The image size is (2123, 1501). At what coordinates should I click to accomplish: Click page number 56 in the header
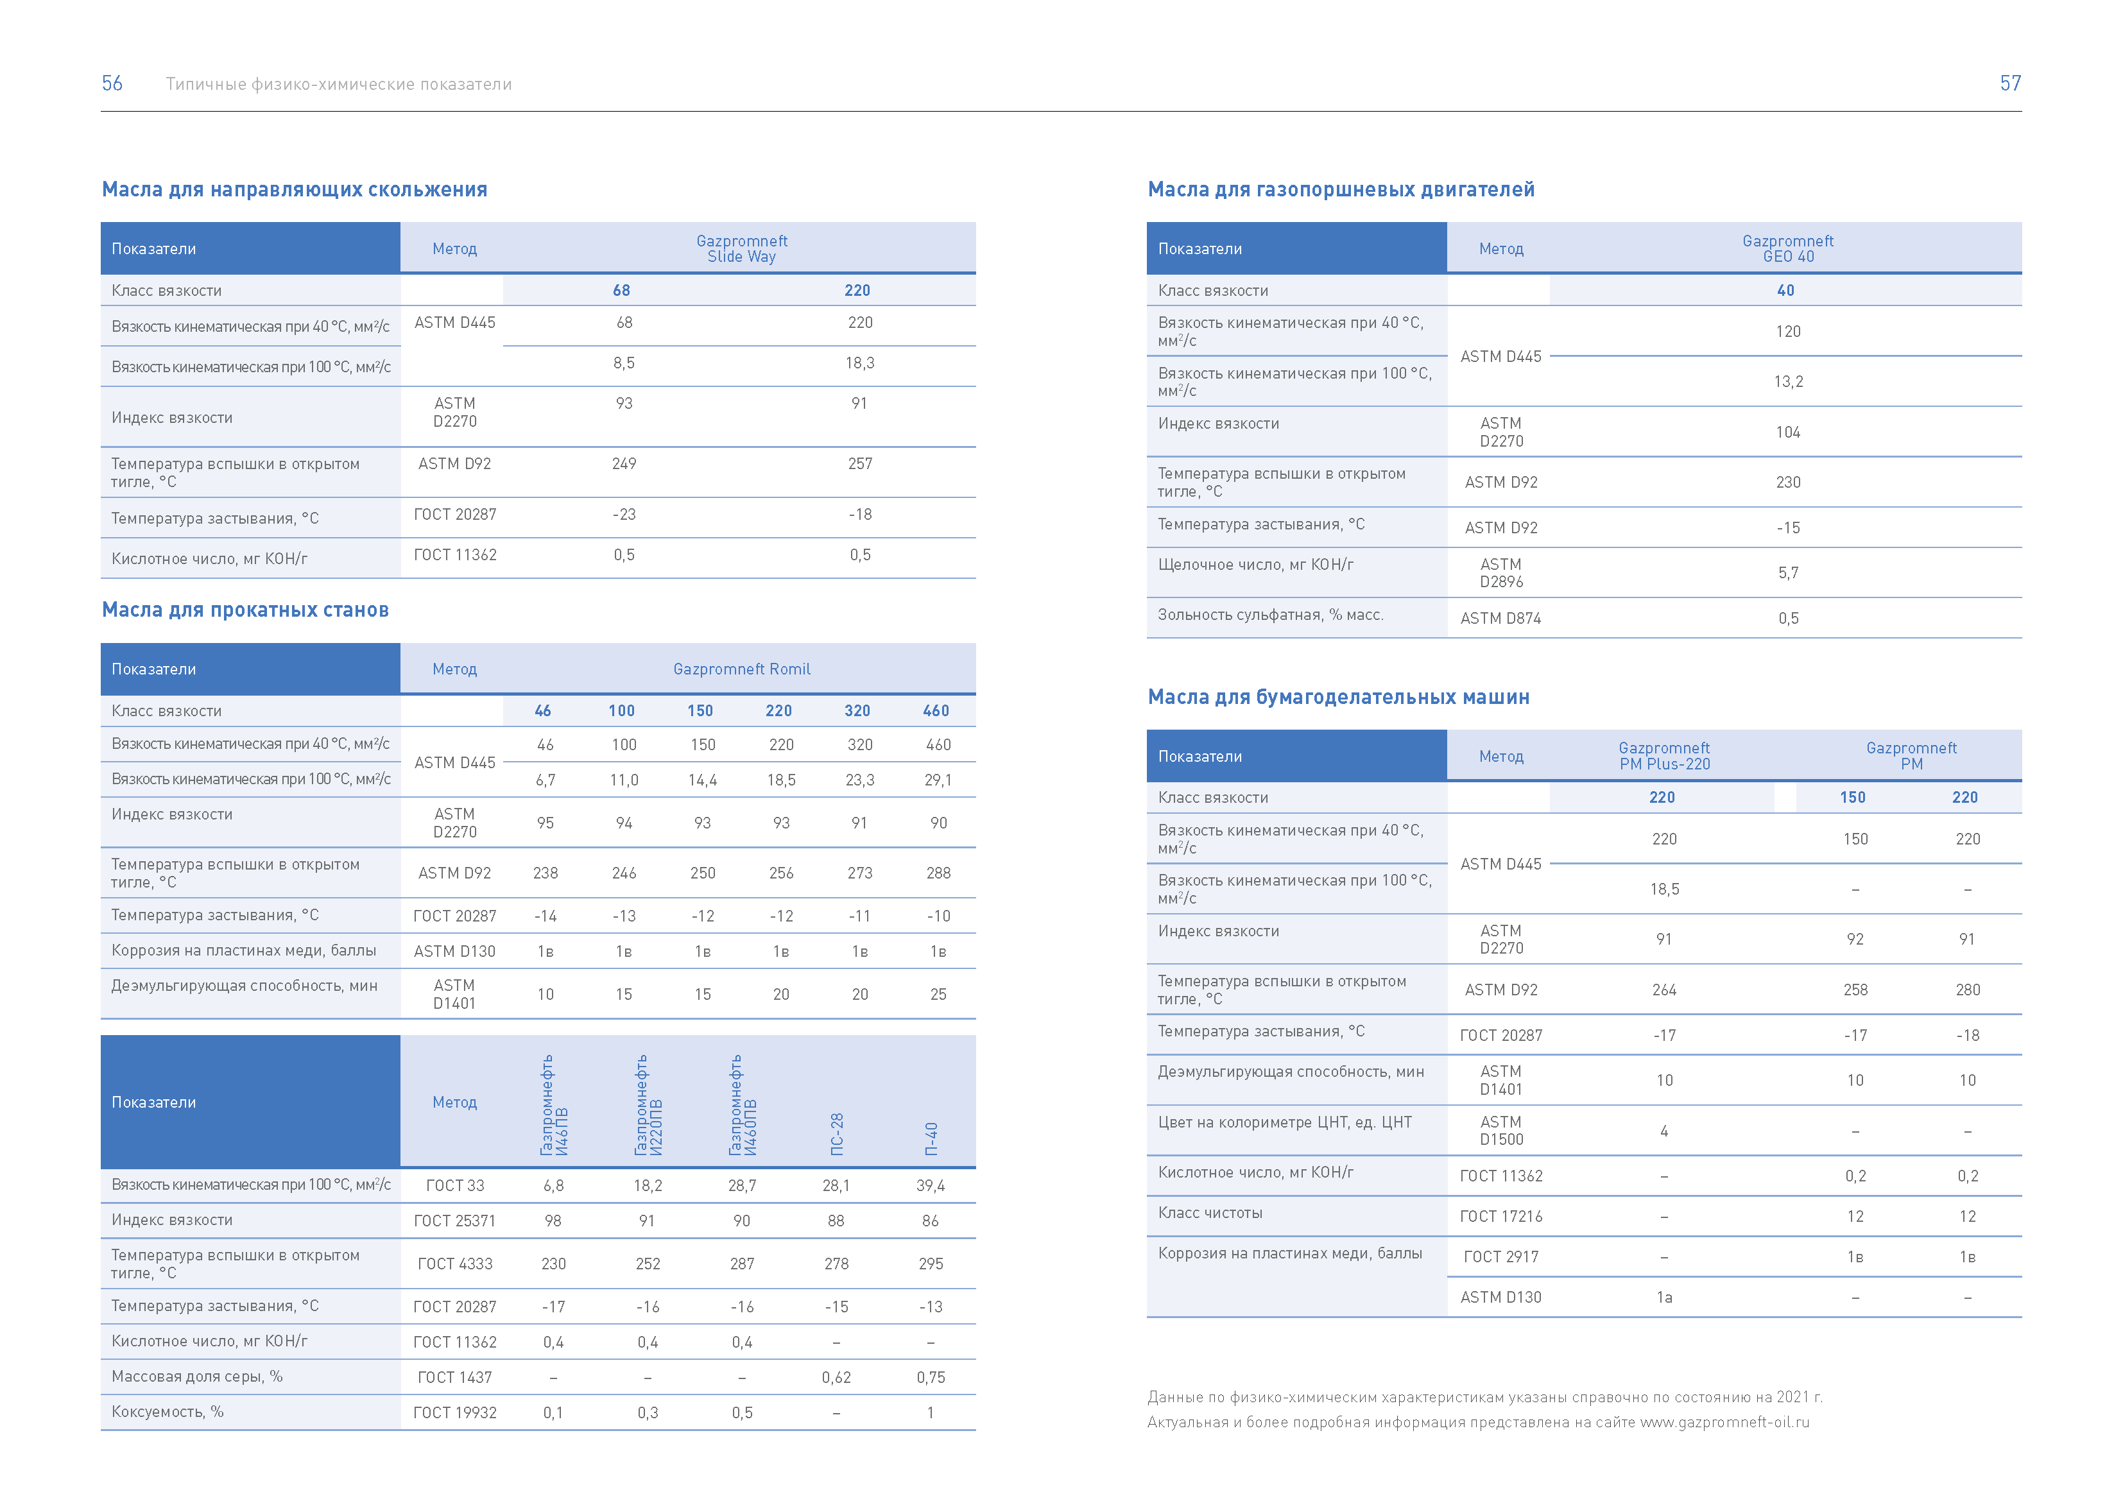112,83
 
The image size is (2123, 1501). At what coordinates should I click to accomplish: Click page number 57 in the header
2010,83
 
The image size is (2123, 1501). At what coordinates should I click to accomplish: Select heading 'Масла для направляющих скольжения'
294,189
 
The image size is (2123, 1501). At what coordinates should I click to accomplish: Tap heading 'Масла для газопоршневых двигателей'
1341,189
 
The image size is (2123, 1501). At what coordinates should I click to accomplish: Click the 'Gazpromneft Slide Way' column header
741,249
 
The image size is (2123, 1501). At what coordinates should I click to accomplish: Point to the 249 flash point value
624,463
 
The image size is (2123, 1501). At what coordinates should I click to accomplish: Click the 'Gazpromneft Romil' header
741,669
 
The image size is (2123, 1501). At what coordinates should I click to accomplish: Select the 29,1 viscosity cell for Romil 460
938,780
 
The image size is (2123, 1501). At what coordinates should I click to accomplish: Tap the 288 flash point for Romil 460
938,873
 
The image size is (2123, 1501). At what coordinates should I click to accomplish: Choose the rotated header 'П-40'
931,1138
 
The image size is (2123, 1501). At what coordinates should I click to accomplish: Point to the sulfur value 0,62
836,1377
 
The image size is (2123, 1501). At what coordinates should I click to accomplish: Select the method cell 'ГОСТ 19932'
455,1412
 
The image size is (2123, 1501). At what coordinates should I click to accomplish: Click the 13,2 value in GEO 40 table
1788,382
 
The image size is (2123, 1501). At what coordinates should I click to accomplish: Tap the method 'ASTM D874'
1500,619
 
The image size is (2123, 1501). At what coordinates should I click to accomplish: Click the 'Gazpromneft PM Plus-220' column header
1664,755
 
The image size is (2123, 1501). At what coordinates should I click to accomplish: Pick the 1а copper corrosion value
1664,1298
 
